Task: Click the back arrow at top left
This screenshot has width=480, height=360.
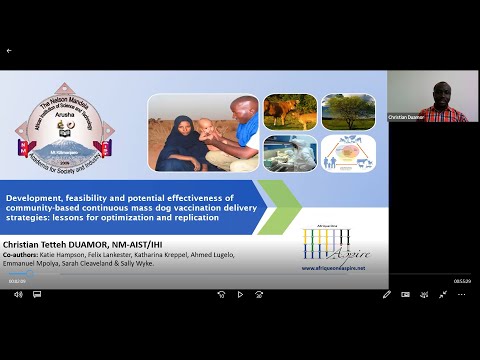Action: tap(9, 50)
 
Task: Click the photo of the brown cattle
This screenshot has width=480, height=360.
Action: tap(290, 111)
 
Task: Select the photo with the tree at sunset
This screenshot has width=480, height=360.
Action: tap(348, 111)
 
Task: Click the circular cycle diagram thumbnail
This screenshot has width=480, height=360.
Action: tap(348, 152)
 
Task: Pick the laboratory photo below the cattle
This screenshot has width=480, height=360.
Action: tap(290, 152)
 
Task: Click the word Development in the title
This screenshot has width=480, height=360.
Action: tap(32, 197)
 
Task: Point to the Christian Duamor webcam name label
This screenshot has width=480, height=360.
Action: tap(408, 117)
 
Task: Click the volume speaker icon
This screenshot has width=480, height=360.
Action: tap(17, 294)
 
